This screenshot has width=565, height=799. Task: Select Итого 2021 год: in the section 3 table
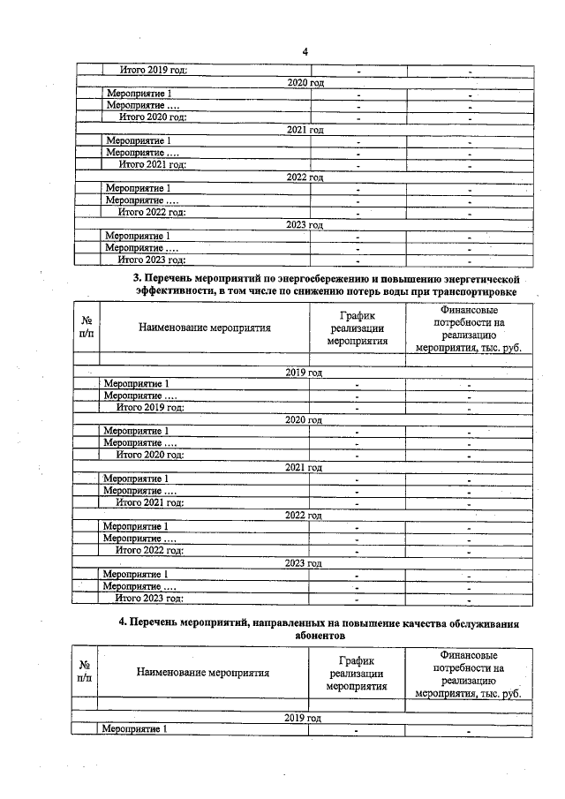coord(150,502)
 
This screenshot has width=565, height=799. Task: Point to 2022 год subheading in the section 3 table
coord(303,515)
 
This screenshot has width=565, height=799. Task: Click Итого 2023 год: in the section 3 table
coord(150,599)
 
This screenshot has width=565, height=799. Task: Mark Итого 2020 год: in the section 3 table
coord(150,455)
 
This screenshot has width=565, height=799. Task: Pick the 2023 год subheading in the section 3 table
coord(303,562)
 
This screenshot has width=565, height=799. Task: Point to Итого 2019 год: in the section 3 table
coord(150,407)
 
